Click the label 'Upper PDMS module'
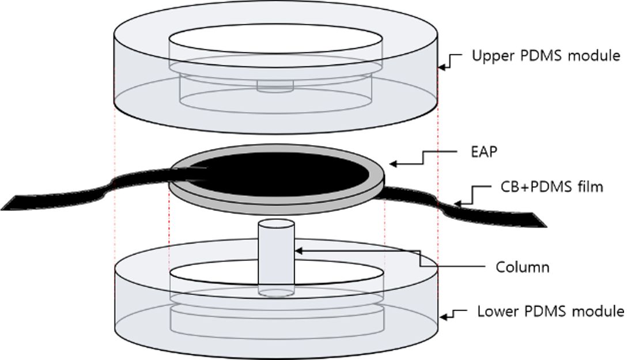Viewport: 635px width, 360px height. coord(546,56)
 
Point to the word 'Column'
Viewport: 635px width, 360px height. coord(522,267)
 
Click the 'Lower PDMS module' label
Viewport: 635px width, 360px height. coord(551,312)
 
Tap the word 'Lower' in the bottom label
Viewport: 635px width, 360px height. coord(494,312)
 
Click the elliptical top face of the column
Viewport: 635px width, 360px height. coord(276,224)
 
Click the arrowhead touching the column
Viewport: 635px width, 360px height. coord(297,249)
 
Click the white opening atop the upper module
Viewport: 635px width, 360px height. coord(275,42)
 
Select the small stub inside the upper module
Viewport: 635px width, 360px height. coord(275,86)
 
